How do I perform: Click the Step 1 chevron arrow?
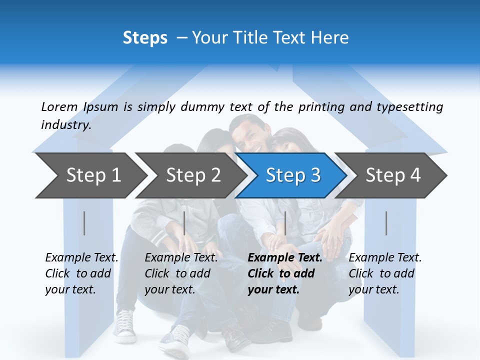point(90,175)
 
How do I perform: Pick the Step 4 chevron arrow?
point(392,175)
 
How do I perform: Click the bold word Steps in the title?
point(145,38)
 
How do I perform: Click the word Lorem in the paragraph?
point(59,106)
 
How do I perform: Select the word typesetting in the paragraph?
point(409,106)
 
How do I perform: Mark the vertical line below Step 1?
point(84,223)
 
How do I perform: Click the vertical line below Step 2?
point(184,223)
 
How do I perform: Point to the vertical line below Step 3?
point(285,223)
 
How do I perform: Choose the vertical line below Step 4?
point(386,223)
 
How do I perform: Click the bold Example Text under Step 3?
point(285,258)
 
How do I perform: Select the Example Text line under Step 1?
point(81,258)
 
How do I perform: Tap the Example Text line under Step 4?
point(385,258)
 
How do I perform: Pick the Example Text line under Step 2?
point(181,258)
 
